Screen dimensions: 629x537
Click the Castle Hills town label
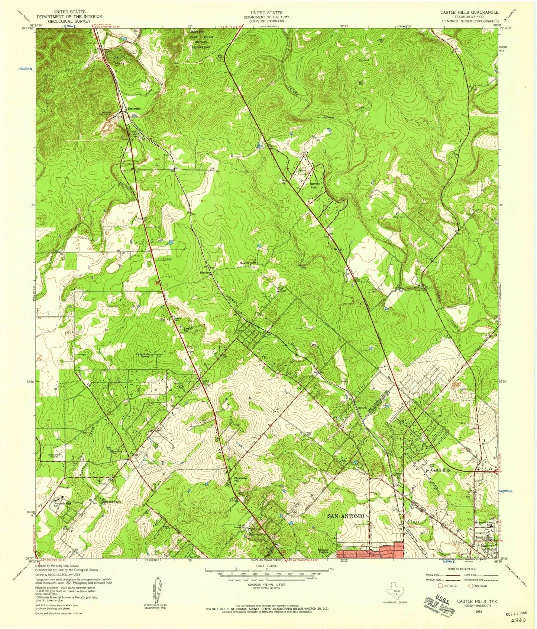[440, 470]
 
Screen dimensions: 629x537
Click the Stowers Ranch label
[248, 263]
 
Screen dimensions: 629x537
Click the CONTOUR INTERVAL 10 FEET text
[266, 585]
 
